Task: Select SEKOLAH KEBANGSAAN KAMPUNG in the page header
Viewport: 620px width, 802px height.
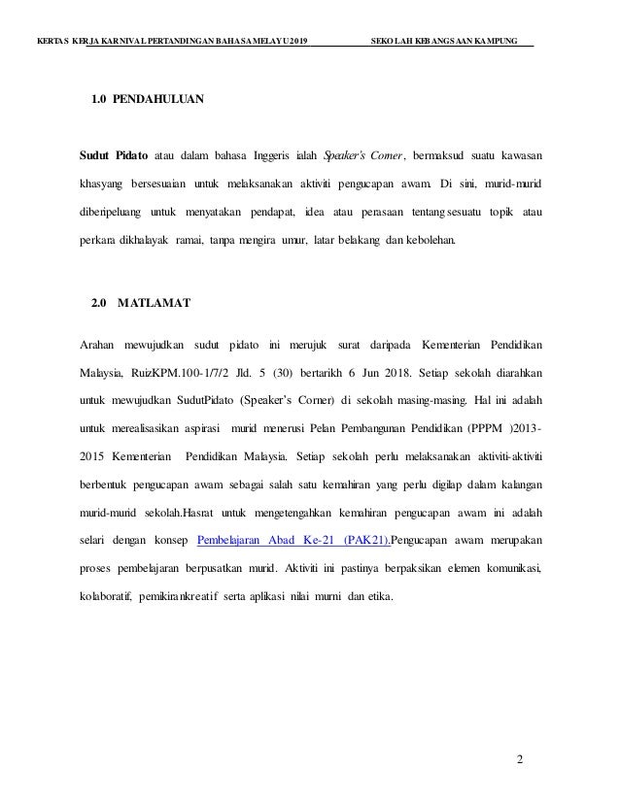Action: (x=452, y=42)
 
